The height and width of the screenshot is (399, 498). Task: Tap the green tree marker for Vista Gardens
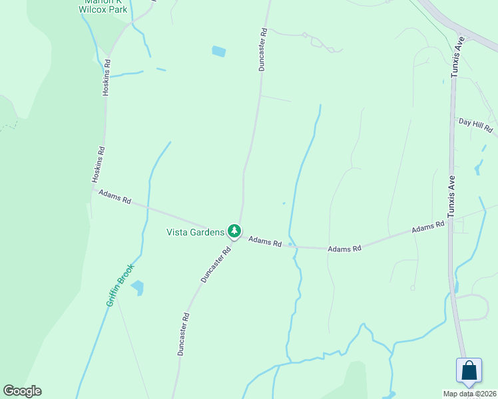pyautogui.click(x=234, y=231)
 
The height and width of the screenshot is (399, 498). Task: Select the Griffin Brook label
pyautogui.click(x=121, y=285)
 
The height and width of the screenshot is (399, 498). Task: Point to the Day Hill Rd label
pyautogui.click(x=475, y=124)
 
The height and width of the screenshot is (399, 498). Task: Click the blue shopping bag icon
pyautogui.click(x=469, y=371)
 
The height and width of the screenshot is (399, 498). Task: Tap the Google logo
pyautogui.click(x=22, y=391)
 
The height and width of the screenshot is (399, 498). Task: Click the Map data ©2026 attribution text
pyautogui.click(x=470, y=394)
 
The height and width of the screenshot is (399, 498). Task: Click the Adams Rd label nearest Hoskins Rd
pyautogui.click(x=115, y=197)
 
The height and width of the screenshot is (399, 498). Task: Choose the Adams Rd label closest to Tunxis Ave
pyautogui.click(x=428, y=227)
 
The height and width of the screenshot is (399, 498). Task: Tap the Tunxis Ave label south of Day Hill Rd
pyautogui.click(x=451, y=196)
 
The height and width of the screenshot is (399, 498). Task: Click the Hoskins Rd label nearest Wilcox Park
pyautogui.click(x=106, y=77)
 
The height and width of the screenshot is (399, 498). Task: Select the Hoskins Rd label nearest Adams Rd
pyautogui.click(x=98, y=165)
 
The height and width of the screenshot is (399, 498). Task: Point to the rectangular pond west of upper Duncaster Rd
pyautogui.click(x=218, y=51)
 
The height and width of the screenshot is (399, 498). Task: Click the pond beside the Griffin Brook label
pyautogui.click(x=138, y=287)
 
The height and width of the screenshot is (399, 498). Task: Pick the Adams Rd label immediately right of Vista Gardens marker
pyautogui.click(x=265, y=241)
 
